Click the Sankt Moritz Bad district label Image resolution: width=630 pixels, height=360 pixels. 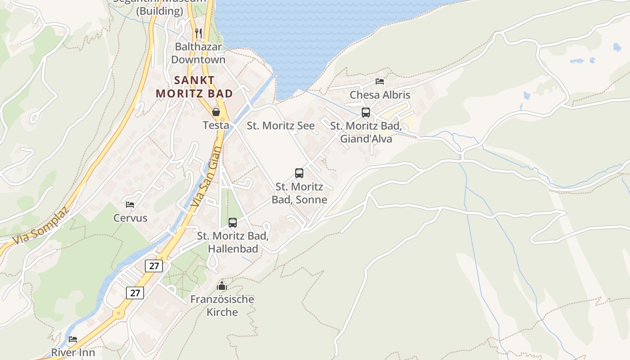pyautogui.click(x=194, y=87)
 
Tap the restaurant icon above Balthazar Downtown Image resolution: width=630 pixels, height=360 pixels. pyautogui.click(x=198, y=33)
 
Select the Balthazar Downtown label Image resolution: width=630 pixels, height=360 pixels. pyautogui.click(x=198, y=53)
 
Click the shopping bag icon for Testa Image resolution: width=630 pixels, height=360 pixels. pyautogui.click(x=216, y=112)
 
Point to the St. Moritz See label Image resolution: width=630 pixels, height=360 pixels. pyautogui.click(x=281, y=126)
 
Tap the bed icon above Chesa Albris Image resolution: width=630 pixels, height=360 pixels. pyautogui.click(x=380, y=81)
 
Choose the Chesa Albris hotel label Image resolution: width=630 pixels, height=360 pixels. pyautogui.click(x=380, y=95)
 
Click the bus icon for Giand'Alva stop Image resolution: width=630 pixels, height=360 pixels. pyautogui.click(x=366, y=112)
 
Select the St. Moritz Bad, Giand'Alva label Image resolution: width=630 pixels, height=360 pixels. pyautogui.click(x=366, y=132)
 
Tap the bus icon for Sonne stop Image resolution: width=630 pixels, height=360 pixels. pyautogui.click(x=299, y=173)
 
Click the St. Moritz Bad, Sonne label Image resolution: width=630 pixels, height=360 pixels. pyautogui.click(x=299, y=193)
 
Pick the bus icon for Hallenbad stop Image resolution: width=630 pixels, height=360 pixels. pyautogui.click(x=233, y=222)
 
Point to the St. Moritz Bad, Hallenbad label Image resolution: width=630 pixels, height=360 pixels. pyautogui.click(x=233, y=242)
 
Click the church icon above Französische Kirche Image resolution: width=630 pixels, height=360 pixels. pyautogui.click(x=222, y=286)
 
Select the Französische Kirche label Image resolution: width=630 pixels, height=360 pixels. pyautogui.click(x=222, y=306)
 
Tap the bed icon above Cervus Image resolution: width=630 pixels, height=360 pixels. pyautogui.click(x=130, y=205)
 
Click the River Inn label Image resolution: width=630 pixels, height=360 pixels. pyautogui.click(x=73, y=352)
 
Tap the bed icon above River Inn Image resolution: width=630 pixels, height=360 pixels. pyautogui.click(x=73, y=339)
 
